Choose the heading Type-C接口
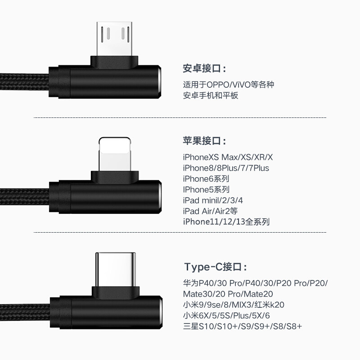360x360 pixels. pos(216,267)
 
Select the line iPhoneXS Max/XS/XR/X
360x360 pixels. pos(228,157)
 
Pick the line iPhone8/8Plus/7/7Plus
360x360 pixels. pos(226,168)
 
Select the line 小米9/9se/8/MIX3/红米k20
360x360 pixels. pos(234,305)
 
